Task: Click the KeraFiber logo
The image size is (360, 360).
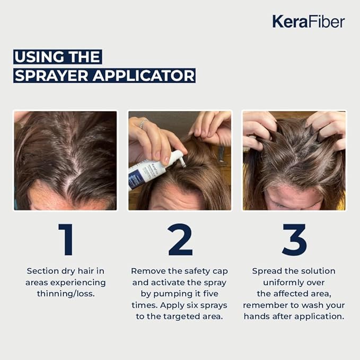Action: (x=309, y=22)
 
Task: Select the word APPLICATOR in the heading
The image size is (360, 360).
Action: (x=144, y=75)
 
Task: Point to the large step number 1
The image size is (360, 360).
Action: (x=66, y=240)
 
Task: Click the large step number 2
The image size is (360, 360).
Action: (x=180, y=240)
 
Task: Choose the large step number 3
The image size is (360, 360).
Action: (x=294, y=240)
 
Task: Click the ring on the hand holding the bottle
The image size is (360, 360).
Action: (x=143, y=124)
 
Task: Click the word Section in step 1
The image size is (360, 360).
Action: (x=41, y=271)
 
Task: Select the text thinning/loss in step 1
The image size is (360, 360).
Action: (x=66, y=294)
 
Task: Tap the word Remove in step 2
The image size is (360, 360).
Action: (x=148, y=271)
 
